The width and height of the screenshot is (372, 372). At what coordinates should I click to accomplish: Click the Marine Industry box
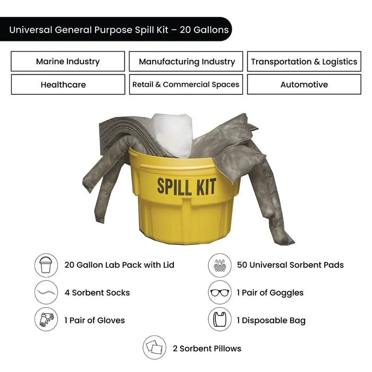tap(67, 62)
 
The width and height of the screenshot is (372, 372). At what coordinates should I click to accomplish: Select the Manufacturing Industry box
tap(186, 62)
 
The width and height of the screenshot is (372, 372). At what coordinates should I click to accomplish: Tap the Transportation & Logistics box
tap(304, 62)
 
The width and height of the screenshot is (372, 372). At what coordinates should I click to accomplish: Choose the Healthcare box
tap(67, 84)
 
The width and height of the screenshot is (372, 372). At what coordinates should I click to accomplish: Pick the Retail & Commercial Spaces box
tap(186, 84)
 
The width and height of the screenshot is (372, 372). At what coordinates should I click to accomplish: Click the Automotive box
tap(304, 84)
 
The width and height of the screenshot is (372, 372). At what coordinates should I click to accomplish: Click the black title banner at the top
tap(116, 29)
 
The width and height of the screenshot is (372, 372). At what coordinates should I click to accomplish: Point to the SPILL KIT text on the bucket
tap(186, 187)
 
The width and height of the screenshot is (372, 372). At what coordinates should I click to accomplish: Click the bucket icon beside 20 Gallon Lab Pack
tap(46, 265)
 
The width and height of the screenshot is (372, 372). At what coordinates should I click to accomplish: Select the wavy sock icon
tap(46, 292)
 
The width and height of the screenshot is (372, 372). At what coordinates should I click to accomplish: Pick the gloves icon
tap(46, 320)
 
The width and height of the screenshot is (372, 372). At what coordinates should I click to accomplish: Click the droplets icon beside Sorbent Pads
tap(219, 265)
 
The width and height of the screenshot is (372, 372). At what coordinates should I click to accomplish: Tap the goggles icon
tap(219, 292)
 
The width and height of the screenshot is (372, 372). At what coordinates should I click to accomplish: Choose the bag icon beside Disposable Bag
tap(219, 320)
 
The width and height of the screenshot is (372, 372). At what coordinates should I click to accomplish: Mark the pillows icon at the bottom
tap(155, 349)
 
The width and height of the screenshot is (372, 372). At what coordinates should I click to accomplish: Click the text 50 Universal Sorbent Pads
tap(290, 265)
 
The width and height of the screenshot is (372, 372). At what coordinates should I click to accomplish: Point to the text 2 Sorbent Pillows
tap(207, 349)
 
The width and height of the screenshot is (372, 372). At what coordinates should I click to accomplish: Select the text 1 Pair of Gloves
tap(95, 320)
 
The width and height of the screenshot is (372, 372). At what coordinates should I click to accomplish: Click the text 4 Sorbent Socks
tap(97, 292)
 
